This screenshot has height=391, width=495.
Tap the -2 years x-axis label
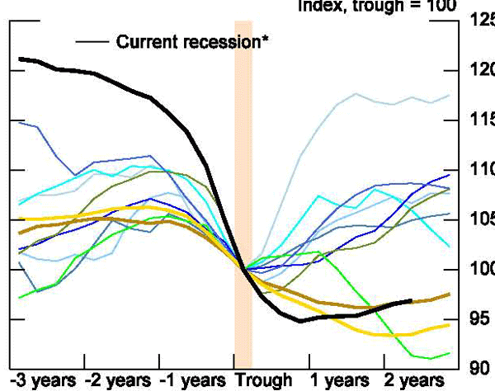point(118,381)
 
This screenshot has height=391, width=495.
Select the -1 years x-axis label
point(193,381)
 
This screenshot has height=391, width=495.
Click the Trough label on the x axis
point(264,381)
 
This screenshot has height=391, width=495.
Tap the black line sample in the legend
point(92,40)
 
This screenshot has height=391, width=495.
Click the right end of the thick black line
point(411,301)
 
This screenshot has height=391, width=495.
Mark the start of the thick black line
point(20,59)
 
